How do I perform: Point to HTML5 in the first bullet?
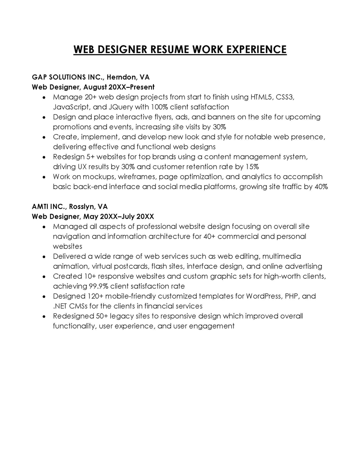click(256, 97)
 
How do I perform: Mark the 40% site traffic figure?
click(320, 186)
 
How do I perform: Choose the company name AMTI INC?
click(49, 207)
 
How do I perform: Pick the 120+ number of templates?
click(94, 296)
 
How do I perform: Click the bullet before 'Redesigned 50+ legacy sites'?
click(43, 316)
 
